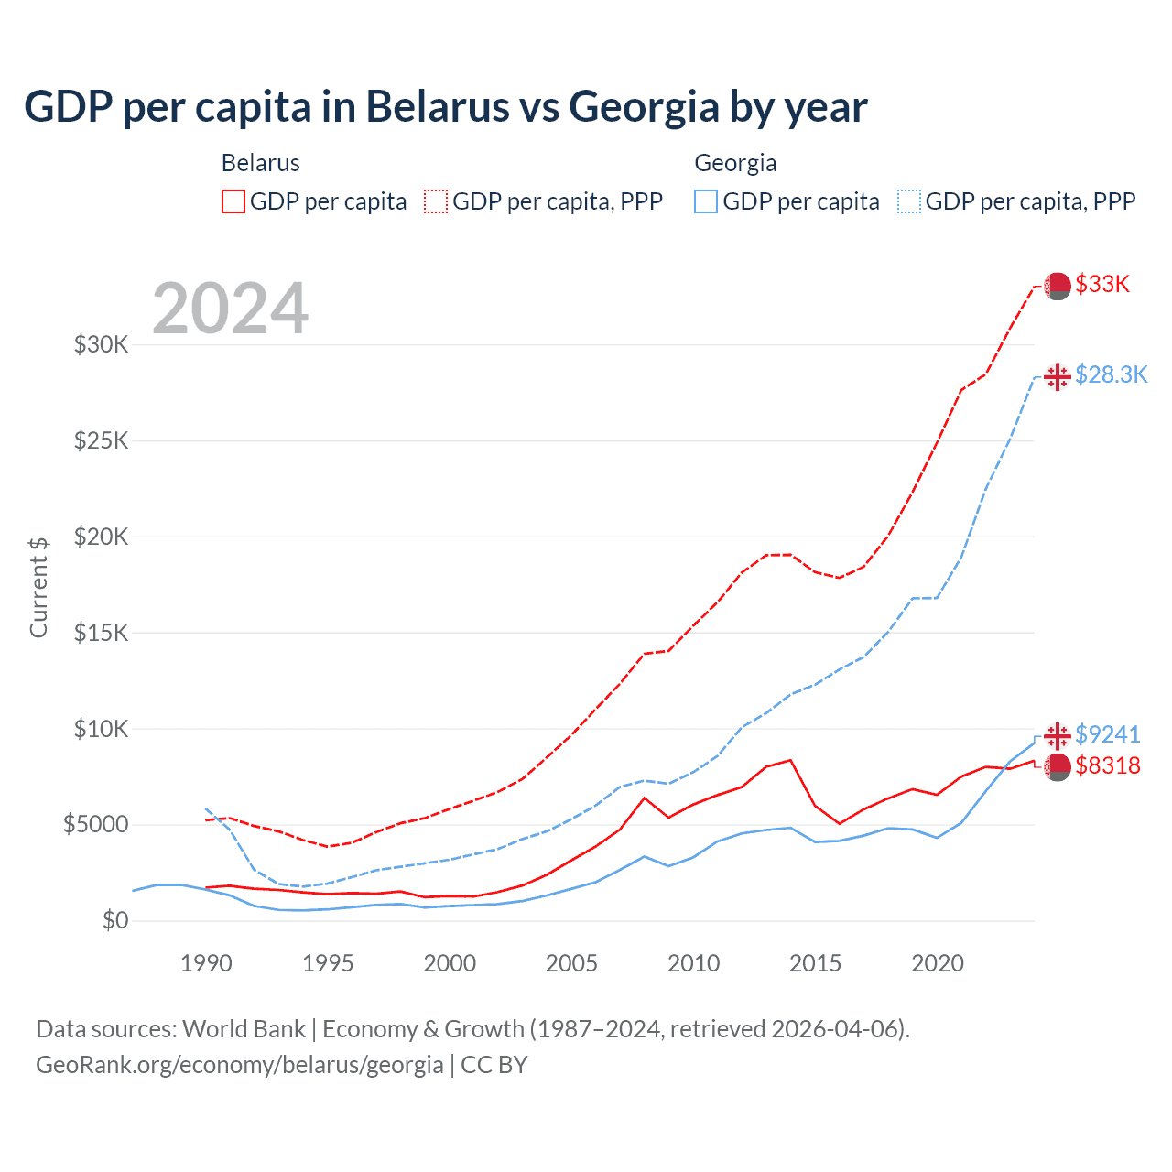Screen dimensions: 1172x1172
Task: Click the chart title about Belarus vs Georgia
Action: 445,106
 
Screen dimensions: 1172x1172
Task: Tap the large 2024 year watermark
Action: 230,309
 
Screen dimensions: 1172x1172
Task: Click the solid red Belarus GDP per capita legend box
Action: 233,201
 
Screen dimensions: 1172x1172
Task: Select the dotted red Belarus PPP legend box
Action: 436,201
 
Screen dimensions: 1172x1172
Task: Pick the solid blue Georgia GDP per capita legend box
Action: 706,201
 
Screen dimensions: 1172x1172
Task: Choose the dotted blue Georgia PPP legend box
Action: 909,201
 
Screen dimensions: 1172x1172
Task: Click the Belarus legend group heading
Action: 261,163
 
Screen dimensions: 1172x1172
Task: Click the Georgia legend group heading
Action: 735,163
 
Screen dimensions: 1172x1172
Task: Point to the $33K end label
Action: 1102,284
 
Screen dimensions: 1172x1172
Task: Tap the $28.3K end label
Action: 1111,374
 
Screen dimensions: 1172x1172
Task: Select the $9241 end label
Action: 1107,734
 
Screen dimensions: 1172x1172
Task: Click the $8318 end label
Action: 1107,765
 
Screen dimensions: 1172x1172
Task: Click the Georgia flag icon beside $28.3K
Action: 1058,376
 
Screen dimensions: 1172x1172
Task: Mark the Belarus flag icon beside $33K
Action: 1058,286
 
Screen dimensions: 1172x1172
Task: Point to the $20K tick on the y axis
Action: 101,537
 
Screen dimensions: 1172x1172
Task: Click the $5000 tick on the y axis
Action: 95,824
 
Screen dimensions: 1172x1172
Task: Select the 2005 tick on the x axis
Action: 571,963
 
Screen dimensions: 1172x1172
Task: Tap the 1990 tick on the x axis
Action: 206,963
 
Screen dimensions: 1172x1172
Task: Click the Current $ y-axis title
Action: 38,587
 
